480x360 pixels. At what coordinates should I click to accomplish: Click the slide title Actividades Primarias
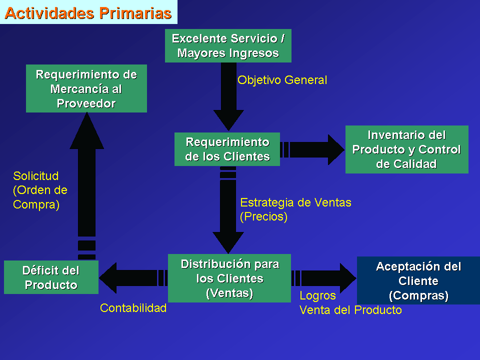(88, 13)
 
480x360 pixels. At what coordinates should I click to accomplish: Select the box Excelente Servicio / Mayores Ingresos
(228, 45)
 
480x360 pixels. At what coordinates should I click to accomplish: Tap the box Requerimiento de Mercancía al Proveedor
(86, 88)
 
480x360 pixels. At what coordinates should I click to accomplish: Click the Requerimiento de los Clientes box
(227, 149)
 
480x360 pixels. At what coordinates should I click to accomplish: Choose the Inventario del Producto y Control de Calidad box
(407, 149)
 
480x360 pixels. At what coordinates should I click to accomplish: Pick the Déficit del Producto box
(51, 277)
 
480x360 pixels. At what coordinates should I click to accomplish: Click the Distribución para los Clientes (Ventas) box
(229, 278)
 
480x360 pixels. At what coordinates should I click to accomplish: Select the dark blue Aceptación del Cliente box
(418, 280)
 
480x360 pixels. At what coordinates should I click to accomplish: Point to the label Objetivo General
(282, 80)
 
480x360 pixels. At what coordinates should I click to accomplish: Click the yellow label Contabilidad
(133, 308)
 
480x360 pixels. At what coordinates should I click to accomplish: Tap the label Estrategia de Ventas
(295, 202)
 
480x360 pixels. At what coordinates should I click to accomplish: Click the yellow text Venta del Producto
(350, 310)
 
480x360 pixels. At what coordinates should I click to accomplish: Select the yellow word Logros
(318, 295)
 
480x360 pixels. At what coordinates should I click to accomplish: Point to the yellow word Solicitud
(36, 176)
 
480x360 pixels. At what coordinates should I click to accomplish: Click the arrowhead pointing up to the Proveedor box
(86, 130)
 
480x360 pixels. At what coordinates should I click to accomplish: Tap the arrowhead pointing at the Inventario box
(336, 149)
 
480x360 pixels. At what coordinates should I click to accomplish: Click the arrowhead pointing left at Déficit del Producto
(108, 278)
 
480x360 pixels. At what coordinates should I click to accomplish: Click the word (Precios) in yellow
(264, 216)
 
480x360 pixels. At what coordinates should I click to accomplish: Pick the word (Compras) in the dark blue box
(418, 295)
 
